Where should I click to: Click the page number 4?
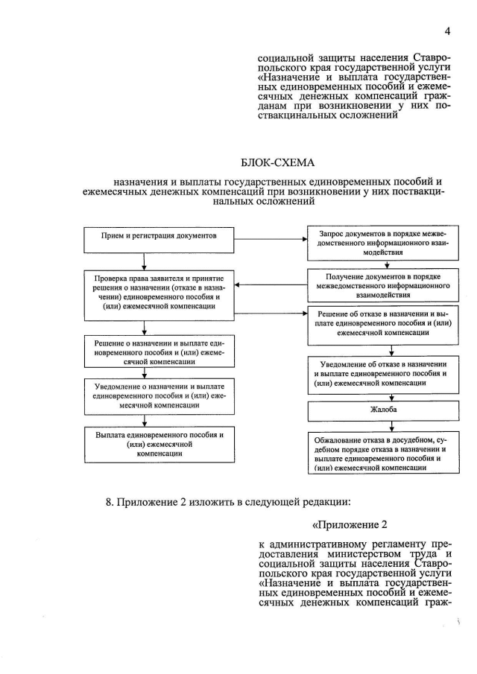tap(447, 31)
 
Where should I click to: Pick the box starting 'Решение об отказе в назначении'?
tap(379, 325)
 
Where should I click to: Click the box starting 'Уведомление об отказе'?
tap(379, 372)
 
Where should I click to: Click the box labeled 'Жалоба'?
tap(379, 410)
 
